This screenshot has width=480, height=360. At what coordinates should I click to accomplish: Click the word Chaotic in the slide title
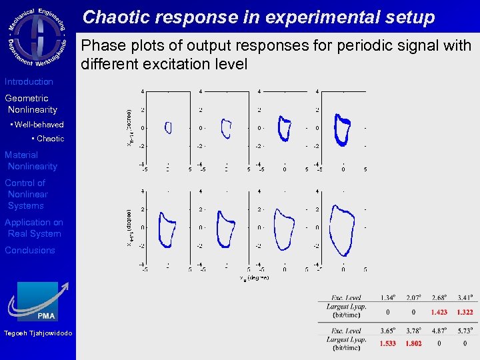pyautogui.click(x=115, y=17)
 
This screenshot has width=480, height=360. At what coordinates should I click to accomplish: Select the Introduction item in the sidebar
pyautogui.click(x=29, y=81)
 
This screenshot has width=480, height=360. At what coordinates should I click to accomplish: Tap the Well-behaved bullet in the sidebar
pyautogui.click(x=37, y=124)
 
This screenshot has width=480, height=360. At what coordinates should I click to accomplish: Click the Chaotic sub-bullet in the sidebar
pyautogui.click(x=50, y=139)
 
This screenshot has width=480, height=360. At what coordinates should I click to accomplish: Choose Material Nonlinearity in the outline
pyautogui.click(x=31, y=161)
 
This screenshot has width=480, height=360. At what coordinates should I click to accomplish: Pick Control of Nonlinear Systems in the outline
pyautogui.click(x=27, y=194)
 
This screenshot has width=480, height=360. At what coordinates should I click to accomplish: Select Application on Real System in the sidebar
pyautogui.click(x=34, y=228)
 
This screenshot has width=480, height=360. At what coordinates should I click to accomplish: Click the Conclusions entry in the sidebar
pyautogui.click(x=30, y=250)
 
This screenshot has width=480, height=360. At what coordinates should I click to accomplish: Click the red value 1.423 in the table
pyautogui.click(x=439, y=312)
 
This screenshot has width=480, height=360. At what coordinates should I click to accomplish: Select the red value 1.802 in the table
pyautogui.click(x=413, y=343)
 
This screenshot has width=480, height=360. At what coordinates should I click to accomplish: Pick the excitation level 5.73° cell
pyautogui.click(x=465, y=331)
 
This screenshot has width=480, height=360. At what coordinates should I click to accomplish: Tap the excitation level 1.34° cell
pyautogui.click(x=388, y=297)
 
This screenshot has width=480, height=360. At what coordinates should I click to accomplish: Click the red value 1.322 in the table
pyautogui.click(x=465, y=312)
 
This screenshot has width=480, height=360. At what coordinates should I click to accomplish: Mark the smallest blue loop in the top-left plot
pyautogui.click(x=168, y=127)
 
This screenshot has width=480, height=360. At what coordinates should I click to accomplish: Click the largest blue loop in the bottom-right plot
pyautogui.click(x=343, y=230)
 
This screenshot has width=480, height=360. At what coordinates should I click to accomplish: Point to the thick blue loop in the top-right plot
pyautogui.click(x=343, y=129)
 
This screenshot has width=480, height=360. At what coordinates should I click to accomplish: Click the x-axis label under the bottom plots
pyautogui.click(x=254, y=277)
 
